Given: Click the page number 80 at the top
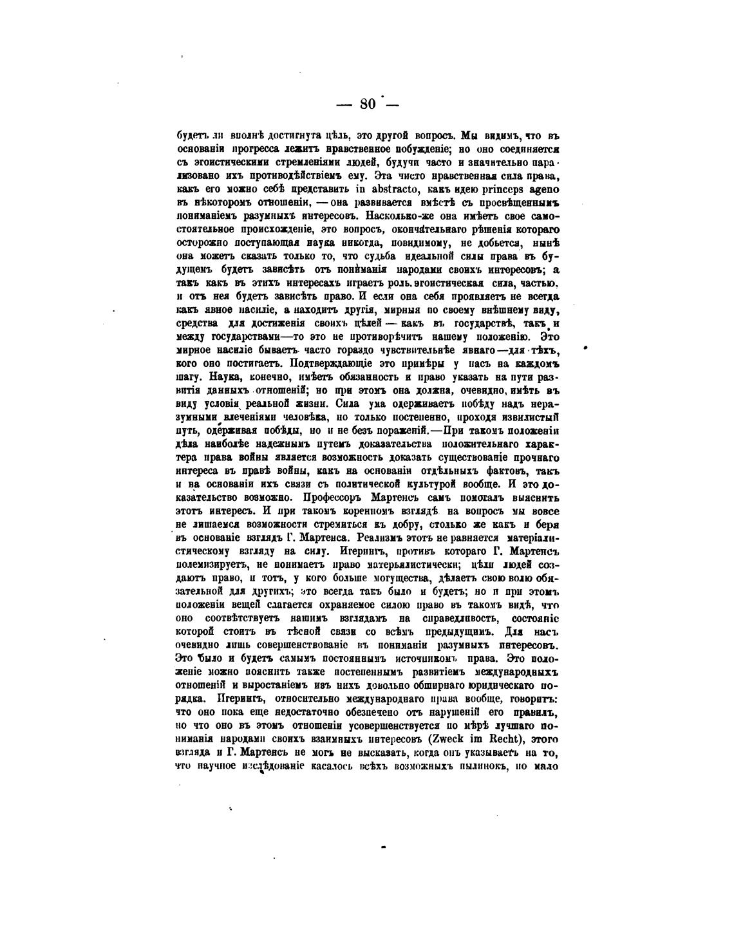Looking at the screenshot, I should point(368,104).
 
